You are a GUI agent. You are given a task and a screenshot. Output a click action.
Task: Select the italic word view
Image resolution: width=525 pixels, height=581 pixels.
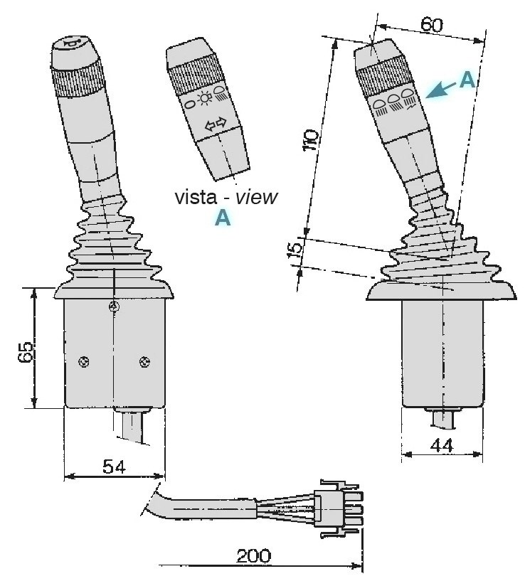pyautogui.click(x=254, y=197)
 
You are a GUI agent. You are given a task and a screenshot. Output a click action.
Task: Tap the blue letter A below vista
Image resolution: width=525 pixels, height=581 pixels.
pyautogui.click(x=222, y=220)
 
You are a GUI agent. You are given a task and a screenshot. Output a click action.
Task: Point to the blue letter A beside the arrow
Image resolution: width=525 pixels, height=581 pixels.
pyautogui.click(x=466, y=80)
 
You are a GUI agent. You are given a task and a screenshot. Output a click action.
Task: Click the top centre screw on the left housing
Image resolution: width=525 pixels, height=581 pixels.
pyautogui.click(x=112, y=307)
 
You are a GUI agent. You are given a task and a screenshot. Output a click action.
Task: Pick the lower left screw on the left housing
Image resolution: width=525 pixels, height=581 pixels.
pyautogui.click(x=83, y=361)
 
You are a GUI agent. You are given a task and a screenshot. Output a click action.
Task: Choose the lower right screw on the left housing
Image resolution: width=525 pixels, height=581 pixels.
pyautogui.click(x=144, y=361)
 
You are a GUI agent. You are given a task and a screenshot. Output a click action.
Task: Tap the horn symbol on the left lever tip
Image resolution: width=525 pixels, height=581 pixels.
pyautogui.click(x=73, y=45)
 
